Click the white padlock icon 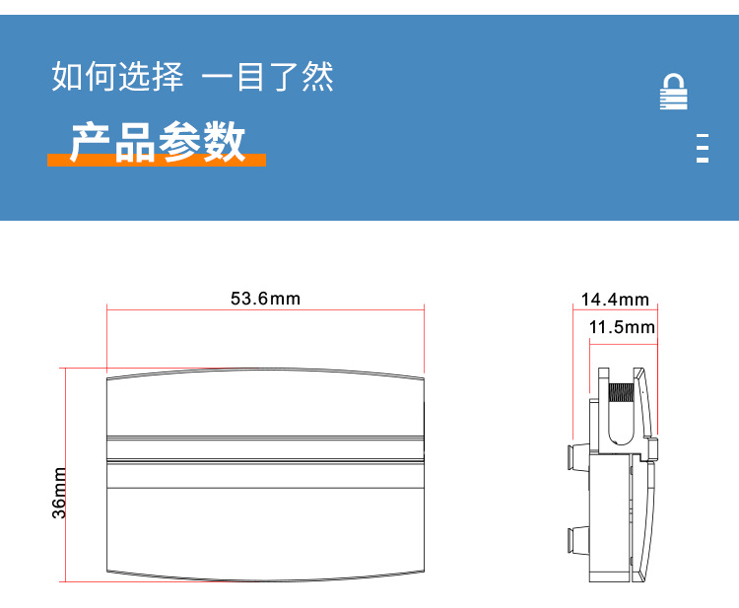673,92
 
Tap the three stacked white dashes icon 703,147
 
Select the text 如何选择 117,77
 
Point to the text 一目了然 267,77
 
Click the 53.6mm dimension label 265,299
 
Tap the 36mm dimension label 60,493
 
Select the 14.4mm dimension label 614,300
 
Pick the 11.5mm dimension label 622,327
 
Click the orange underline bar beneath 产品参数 157,161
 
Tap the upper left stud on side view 571,455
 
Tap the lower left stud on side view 571,539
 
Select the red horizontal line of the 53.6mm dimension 265,310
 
